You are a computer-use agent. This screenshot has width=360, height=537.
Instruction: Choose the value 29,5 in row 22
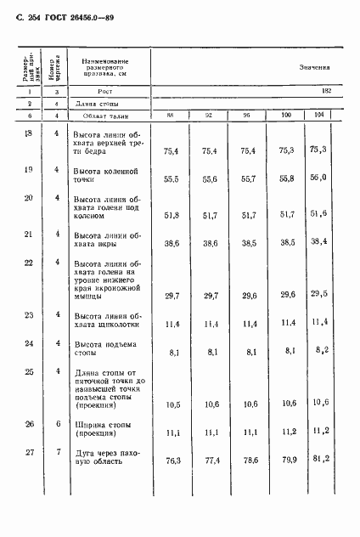[x=319, y=294]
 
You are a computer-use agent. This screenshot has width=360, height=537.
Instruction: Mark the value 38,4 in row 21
[x=319, y=241]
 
